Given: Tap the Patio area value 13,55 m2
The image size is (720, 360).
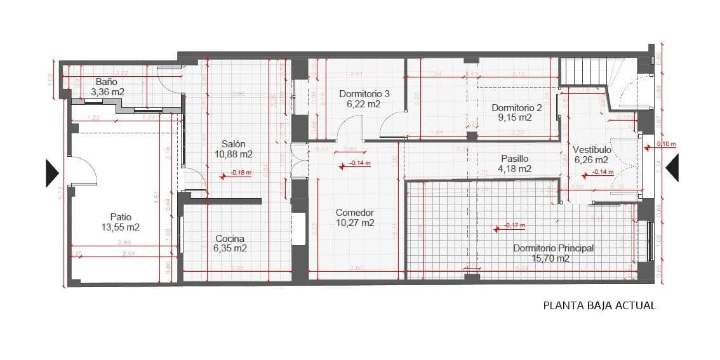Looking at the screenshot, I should point(120,227).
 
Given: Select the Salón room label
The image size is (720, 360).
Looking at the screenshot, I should point(234,144).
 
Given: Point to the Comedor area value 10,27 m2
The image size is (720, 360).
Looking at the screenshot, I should point(355,223).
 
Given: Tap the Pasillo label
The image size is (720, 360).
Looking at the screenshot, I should point(514,159).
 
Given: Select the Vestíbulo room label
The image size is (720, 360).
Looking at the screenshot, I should point(591,149).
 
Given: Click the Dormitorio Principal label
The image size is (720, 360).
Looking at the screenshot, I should point(553,248).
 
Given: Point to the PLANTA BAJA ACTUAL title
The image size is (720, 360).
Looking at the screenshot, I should point(599,305).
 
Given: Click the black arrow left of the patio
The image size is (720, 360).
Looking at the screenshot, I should point(51,173).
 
